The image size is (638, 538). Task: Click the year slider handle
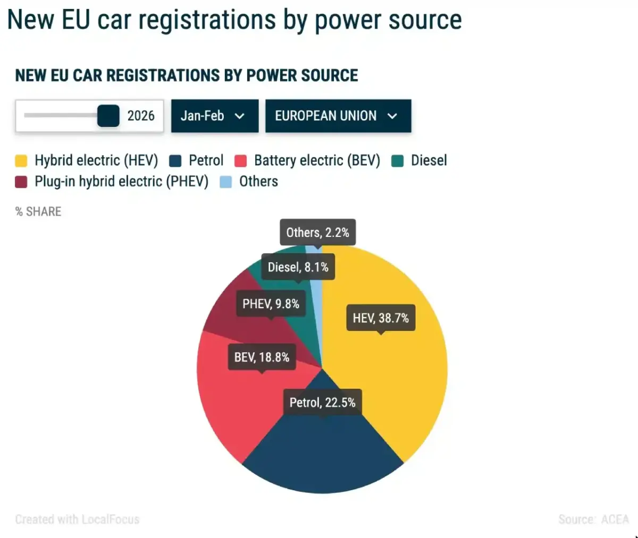click(108, 116)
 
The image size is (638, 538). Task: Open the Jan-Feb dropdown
click(214, 116)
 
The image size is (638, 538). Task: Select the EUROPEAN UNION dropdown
click(338, 116)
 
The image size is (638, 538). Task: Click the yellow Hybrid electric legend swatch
click(21, 161)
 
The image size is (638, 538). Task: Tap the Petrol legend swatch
click(175, 161)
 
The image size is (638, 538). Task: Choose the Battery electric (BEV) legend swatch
click(241, 161)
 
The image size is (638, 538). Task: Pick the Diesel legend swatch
click(398, 161)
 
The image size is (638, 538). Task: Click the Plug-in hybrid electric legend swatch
click(21, 182)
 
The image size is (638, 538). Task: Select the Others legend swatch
click(226, 182)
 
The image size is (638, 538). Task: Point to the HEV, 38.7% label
click(381, 318)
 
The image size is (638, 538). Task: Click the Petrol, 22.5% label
click(322, 403)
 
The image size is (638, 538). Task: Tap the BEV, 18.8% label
click(262, 357)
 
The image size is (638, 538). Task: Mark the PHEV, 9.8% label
click(271, 304)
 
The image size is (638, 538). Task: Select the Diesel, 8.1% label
click(298, 267)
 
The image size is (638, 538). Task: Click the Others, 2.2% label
click(317, 233)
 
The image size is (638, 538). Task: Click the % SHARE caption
click(38, 211)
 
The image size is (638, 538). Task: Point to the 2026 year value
click(141, 116)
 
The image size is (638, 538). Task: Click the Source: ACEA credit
click(593, 519)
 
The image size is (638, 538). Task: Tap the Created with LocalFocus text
click(77, 519)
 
